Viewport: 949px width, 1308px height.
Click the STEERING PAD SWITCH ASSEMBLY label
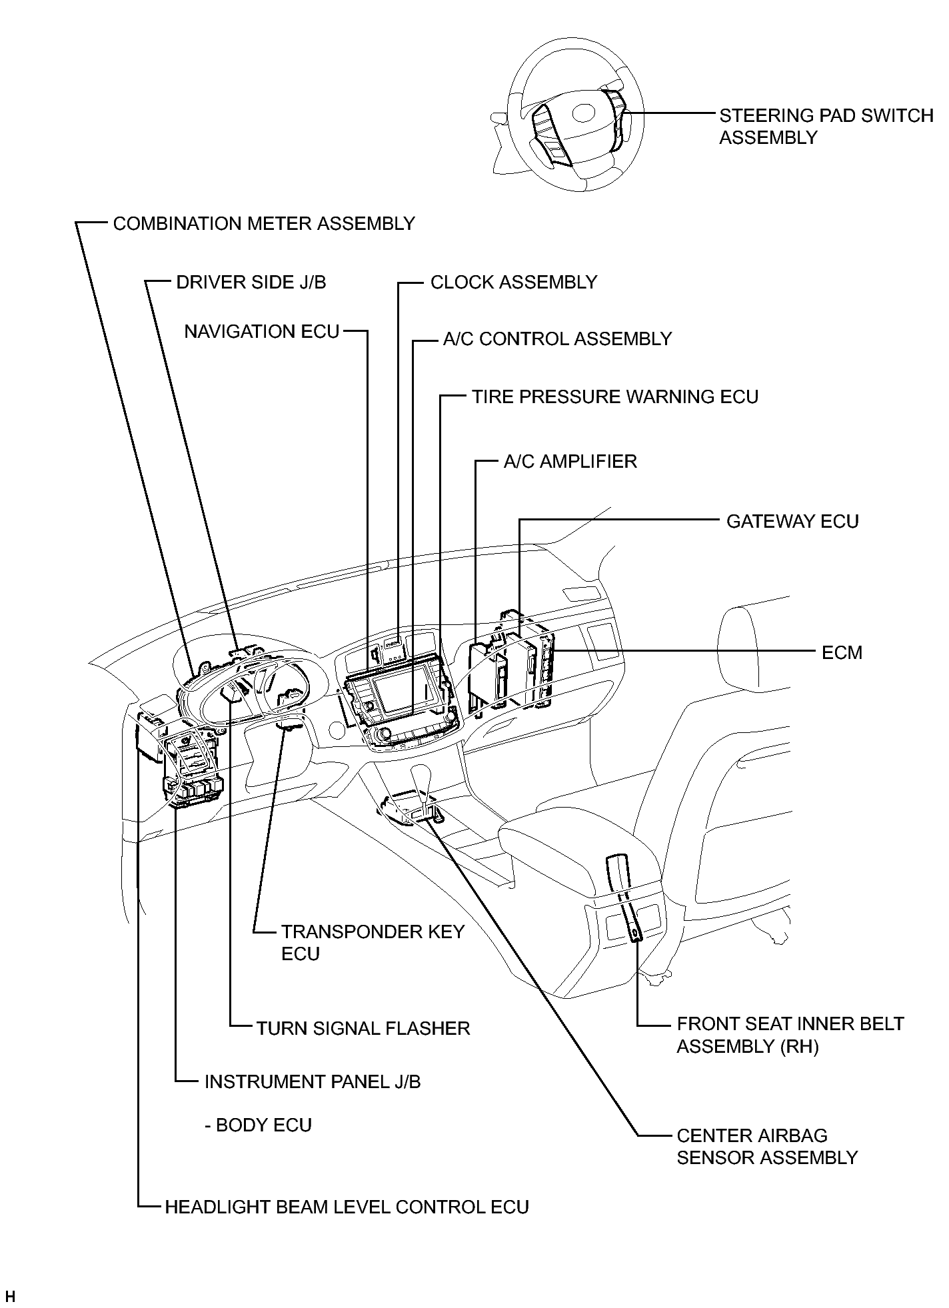pyautogui.click(x=826, y=126)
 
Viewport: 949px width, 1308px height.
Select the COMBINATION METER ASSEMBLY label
pyautogui.click(x=264, y=223)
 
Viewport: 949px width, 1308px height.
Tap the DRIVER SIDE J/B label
pyautogui.click(x=251, y=282)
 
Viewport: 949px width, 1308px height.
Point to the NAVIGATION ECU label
pyautogui.click(x=262, y=331)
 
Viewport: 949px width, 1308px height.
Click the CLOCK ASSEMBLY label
pyautogui.click(x=514, y=282)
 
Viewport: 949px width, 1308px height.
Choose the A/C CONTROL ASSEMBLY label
pyautogui.click(x=557, y=338)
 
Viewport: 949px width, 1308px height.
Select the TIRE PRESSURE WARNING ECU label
pyautogui.click(x=615, y=396)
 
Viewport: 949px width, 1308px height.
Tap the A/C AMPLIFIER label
pyautogui.click(x=570, y=461)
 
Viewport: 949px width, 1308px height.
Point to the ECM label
pyautogui.click(x=842, y=652)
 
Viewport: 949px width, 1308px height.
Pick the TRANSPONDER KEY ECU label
pyautogui.click(x=373, y=942)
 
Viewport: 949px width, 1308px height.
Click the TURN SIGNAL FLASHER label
pyautogui.click(x=363, y=1028)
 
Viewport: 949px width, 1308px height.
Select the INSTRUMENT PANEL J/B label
pyautogui.click(x=313, y=1081)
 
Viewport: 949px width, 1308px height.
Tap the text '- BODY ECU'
pyautogui.click(x=258, y=1125)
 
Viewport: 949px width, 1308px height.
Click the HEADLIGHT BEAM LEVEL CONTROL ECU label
pyautogui.click(x=347, y=1207)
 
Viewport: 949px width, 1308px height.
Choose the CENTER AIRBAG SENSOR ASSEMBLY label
pyautogui.click(x=767, y=1146)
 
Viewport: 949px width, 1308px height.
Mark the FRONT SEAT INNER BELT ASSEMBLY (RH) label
pyautogui.click(x=790, y=1035)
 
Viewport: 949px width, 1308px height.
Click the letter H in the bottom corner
pyautogui.click(x=10, y=1297)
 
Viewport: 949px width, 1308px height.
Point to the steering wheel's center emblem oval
pyautogui.click(x=584, y=113)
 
